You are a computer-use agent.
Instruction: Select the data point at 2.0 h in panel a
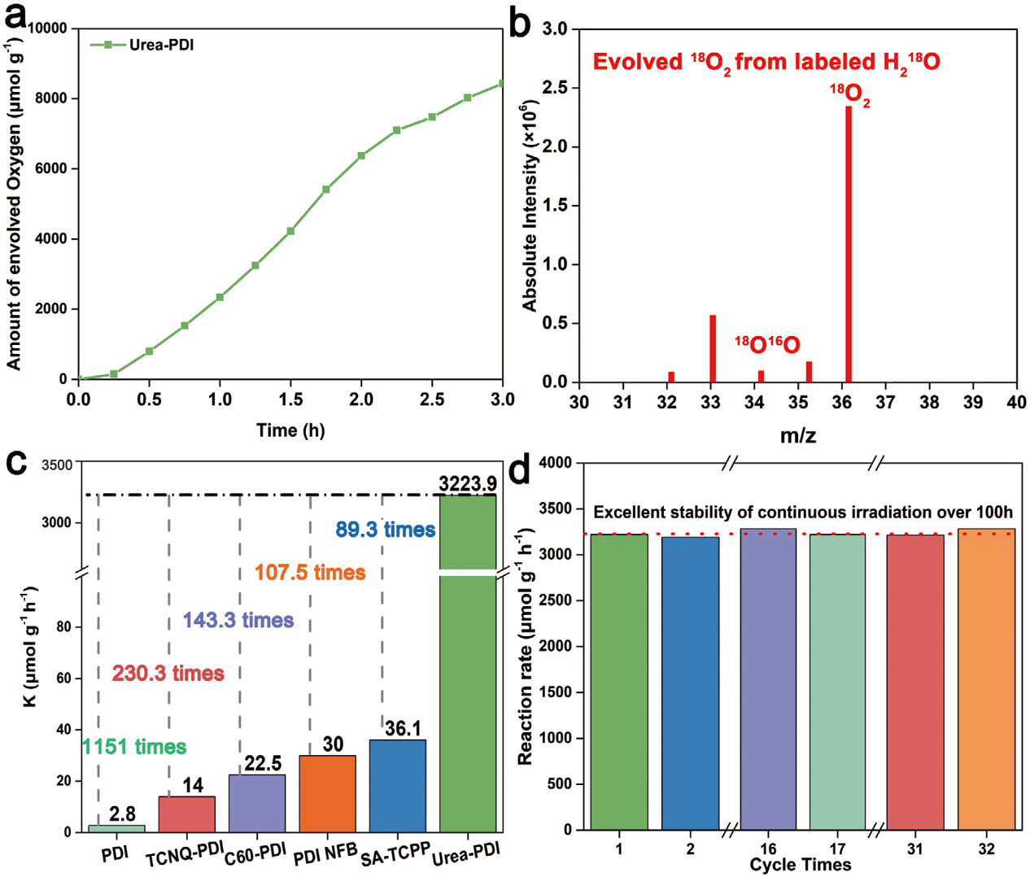pyautogui.click(x=361, y=155)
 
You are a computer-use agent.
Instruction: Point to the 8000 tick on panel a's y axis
pyautogui.click(x=51, y=98)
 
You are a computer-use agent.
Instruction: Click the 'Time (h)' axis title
pyautogui.click(x=290, y=430)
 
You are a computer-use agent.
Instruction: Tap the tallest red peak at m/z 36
pyautogui.click(x=849, y=244)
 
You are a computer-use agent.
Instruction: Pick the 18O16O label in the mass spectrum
pyautogui.click(x=766, y=345)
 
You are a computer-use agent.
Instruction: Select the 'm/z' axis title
pyautogui.click(x=798, y=435)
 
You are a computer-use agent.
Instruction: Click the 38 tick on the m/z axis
pyautogui.click(x=929, y=402)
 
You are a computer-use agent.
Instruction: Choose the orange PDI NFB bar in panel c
pyautogui.click(x=327, y=793)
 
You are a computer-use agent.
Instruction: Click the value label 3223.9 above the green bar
pyautogui.click(x=468, y=484)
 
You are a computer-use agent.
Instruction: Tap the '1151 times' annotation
pyautogui.click(x=134, y=747)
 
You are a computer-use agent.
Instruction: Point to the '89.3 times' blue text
pyautogui.click(x=385, y=530)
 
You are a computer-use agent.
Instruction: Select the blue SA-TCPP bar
pyautogui.click(x=398, y=785)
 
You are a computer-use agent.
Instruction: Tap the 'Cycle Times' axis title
pyautogui.click(x=800, y=865)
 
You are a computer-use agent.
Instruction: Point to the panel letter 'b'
pyautogui.click(x=520, y=24)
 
